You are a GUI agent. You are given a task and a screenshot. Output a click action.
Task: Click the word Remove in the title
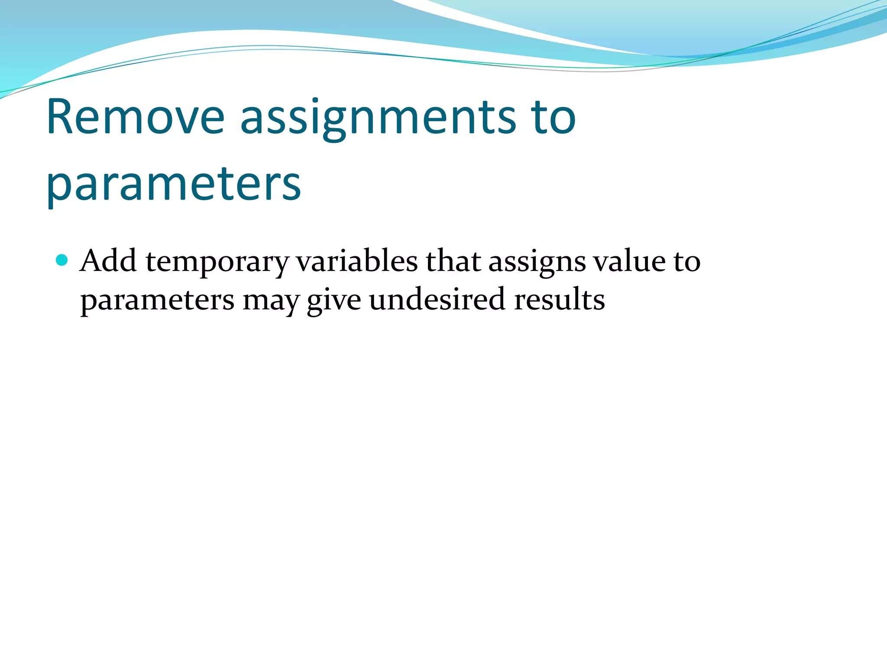point(135,117)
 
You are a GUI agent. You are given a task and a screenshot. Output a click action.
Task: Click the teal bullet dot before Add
point(62,260)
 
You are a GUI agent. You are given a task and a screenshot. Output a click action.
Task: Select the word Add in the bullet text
point(108,261)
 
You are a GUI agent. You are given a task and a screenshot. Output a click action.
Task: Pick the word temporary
point(217,262)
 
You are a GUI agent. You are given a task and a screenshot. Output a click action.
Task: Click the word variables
point(357,261)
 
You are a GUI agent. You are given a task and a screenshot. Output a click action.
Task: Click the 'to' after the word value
point(686,262)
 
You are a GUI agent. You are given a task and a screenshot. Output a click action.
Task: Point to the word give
point(334,300)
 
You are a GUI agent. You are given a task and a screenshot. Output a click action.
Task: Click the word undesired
point(437,300)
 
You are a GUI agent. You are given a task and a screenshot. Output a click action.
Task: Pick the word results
point(559,300)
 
